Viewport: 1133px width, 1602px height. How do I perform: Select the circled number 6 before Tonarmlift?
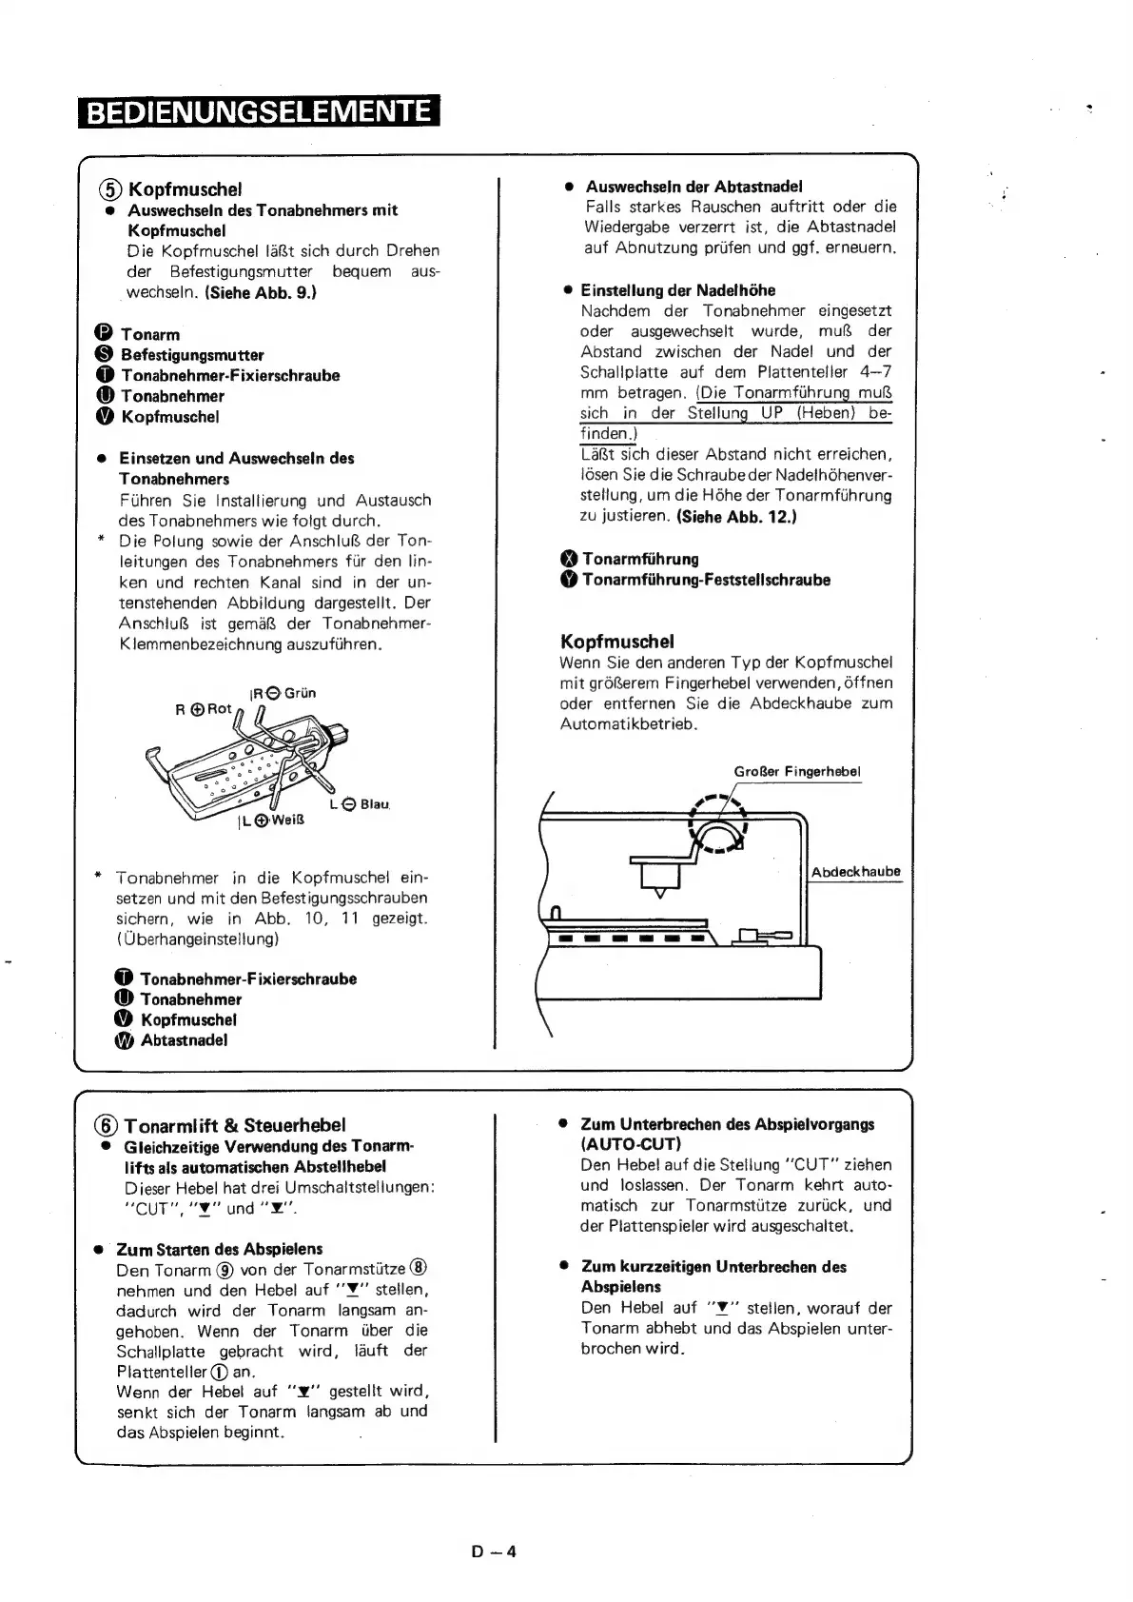coord(107,1125)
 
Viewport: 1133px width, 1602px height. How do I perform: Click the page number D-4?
coord(494,1552)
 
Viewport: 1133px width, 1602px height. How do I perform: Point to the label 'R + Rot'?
coord(204,709)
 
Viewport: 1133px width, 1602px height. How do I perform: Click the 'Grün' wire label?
coord(300,693)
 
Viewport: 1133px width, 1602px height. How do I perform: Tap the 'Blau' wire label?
coord(374,804)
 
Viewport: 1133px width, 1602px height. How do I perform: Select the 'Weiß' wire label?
coord(286,821)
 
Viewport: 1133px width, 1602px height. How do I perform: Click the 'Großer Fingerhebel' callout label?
coord(797,771)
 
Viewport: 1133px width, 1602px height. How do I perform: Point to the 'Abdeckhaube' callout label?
coord(855,872)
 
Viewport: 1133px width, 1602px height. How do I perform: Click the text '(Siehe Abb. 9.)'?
coord(260,292)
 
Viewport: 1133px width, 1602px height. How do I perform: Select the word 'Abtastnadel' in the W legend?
coord(184,1040)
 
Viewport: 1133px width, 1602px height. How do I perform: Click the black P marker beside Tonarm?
coord(105,334)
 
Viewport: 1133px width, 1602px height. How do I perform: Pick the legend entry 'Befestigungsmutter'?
coord(192,355)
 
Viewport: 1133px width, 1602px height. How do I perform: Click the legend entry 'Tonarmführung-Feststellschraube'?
coord(706,580)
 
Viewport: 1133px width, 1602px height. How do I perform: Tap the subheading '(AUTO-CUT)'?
coord(631,1144)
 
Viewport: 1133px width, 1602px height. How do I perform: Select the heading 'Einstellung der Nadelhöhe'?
coord(677,290)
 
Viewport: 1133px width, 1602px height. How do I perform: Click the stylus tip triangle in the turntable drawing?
coord(658,893)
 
